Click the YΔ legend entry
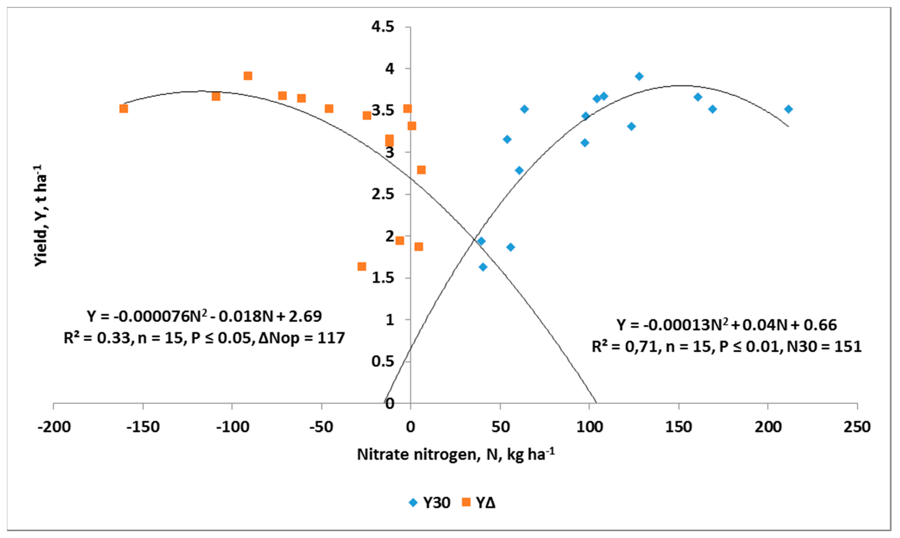[x=479, y=503]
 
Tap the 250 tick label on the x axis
[x=856, y=427]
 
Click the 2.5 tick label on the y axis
[x=382, y=194]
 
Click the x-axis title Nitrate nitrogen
[x=455, y=454]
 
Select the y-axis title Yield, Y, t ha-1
[x=41, y=216]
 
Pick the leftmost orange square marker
[x=124, y=108]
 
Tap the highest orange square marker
[x=248, y=76]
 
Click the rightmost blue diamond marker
[x=788, y=109]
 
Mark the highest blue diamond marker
[x=639, y=76]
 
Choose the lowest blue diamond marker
[x=483, y=267]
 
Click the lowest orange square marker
[x=362, y=266]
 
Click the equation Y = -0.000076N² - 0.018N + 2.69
[x=204, y=317]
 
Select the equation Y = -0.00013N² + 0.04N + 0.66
[x=726, y=325]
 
